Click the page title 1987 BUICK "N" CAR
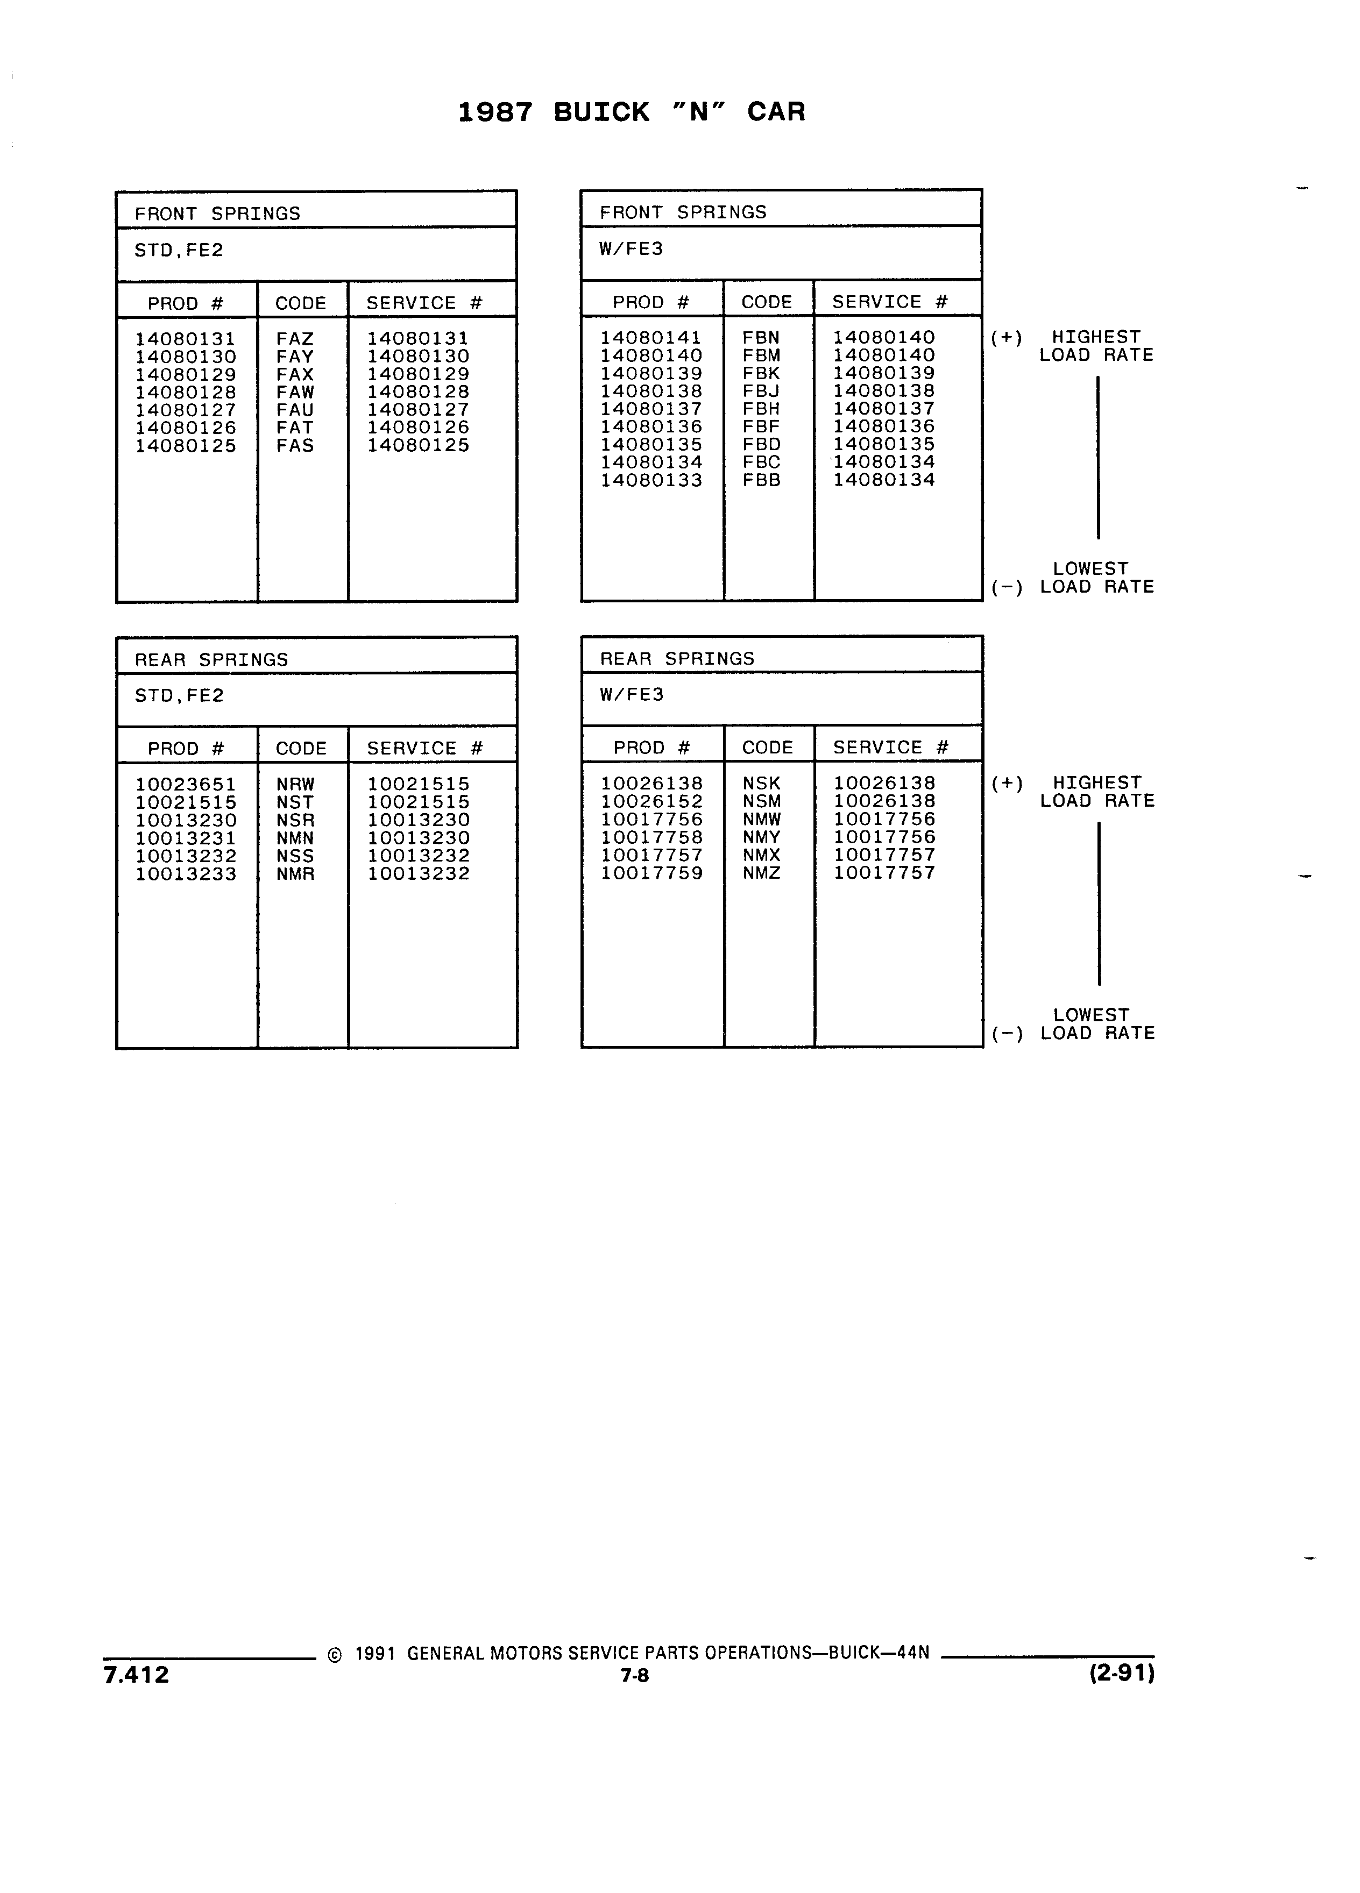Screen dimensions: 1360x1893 pyautogui.click(x=631, y=112)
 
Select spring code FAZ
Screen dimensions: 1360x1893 pyautogui.click(x=295, y=339)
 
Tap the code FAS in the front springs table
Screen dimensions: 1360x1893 pyautogui.click(x=295, y=446)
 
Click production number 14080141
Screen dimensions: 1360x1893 pyautogui.click(x=651, y=338)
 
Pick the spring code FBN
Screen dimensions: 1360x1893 pyautogui.click(x=761, y=338)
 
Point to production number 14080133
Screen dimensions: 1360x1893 pyautogui.click(x=651, y=481)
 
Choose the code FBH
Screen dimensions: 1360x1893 pyautogui.click(x=761, y=409)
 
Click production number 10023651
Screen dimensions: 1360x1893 pyautogui.click(x=186, y=785)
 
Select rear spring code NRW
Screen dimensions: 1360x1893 pyautogui.click(x=295, y=785)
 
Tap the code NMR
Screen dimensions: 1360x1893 pyautogui.click(x=295, y=874)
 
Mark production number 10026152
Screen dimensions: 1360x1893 pyautogui.click(x=652, y=801)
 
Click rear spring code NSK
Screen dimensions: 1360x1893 pyautogui.click(x=761, y=784)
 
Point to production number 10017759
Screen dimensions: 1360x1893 pyautogui.click(x=652, y=873)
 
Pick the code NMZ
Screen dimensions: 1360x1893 pyautogui.click(x=761, y=873)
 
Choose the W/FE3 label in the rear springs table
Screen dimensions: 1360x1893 pyautogui.click(x=631, y=694)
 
